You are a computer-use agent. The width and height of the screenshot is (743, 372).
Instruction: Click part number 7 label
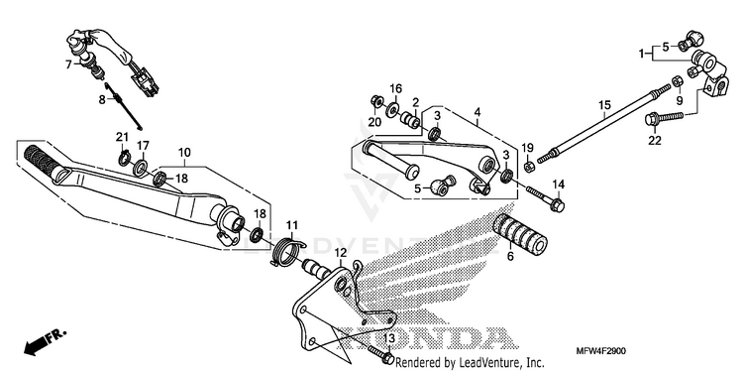tap(68, 64)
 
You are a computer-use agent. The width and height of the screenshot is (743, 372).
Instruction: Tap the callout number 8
tap(102, 99)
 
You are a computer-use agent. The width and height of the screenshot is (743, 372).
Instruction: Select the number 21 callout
tap(122, 137)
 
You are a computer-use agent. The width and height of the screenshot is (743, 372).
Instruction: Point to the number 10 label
tap(184, 153)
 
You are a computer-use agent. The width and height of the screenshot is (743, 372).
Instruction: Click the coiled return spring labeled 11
tap(287, 251)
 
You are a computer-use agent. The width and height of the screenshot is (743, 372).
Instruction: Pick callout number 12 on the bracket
tap(340, 252)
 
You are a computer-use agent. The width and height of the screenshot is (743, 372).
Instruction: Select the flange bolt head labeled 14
tap(558, 205)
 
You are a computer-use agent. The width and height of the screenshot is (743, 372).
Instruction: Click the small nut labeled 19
tap(530, 167)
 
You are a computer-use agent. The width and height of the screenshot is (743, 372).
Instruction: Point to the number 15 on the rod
tap(604, 105)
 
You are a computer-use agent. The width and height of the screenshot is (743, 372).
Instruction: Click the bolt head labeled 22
tap(653, 119)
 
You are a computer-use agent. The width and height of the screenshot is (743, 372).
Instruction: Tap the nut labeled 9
tap(678, 81)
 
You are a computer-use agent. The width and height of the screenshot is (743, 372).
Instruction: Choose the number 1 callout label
tap(642, 54)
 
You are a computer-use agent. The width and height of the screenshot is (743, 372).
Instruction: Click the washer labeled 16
tap(392, 110)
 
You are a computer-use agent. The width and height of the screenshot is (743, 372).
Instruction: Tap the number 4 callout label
tap(478, 112)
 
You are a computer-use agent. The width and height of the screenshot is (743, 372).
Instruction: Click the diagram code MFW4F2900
tap(601, 351)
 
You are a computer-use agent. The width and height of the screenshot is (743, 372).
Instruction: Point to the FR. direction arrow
tap(45, 341)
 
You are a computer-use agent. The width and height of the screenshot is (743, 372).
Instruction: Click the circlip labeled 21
tap(124, 158)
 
